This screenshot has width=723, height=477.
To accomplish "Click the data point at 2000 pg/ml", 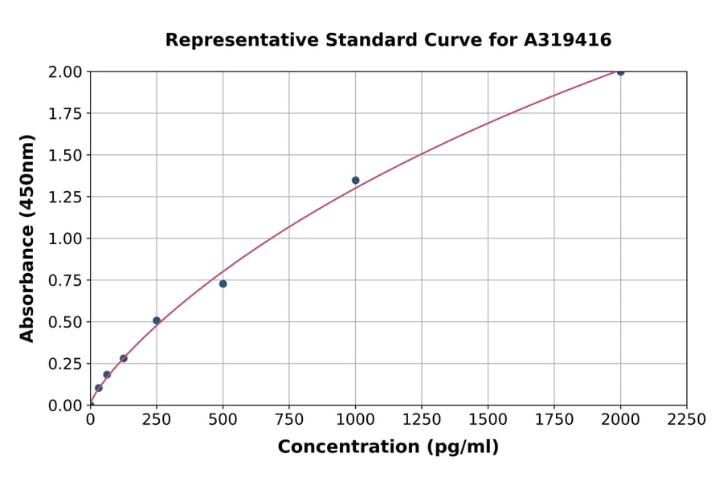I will click(620, 71).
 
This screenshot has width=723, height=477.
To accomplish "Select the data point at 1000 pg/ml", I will click(355, 180).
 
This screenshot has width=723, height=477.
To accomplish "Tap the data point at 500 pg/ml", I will click(223, 283).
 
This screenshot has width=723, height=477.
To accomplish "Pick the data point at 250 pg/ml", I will click(157, 320).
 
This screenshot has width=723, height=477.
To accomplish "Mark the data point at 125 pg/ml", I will click(124, 358).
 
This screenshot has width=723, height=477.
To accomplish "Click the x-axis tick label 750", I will click(289, 420).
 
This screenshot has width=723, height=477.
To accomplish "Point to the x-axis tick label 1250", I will click(422, 420).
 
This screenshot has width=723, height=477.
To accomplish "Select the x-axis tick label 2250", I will click(686, 420).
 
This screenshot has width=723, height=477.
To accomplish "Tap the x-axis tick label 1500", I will click(488, 420).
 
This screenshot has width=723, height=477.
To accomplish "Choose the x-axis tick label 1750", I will click(553, 420).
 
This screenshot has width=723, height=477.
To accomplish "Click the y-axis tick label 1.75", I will click(64, 113).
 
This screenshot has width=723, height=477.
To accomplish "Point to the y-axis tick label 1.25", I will click(64, 197).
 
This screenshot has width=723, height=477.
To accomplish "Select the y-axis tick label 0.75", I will click(64, 280).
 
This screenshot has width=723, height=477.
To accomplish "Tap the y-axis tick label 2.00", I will click(64, 72).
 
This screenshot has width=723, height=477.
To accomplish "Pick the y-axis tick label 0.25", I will click(64, 364).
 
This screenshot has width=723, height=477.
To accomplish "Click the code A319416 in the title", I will click(568, 40).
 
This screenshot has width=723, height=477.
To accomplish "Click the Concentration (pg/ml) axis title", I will click(388, 447).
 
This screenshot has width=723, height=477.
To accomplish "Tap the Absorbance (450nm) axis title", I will click(27, 238).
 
